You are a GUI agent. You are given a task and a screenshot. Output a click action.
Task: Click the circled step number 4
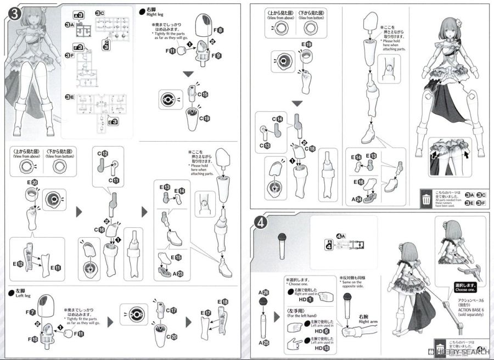pyautogui.click(x=261, y=224)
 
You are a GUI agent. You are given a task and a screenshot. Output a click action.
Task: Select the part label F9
pyautogui.click(x=217, y=55)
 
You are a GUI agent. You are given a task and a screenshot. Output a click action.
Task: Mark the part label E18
pyautogui.click(x=222, y=302)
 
